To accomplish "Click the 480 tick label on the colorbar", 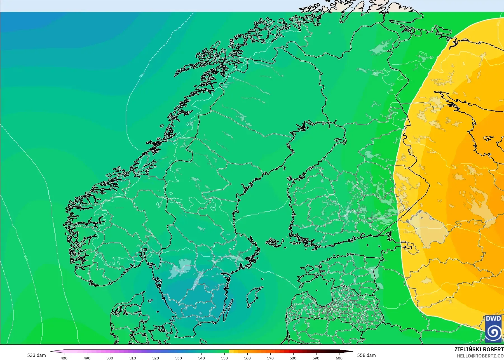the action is tap(64, 358).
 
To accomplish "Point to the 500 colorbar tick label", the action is tap(110, 358).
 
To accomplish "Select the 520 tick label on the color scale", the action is tap(155, 358).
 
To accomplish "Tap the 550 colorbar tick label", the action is tap(224, 358).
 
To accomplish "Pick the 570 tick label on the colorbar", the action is tap(270, 358).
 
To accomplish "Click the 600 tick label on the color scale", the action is tap(339, 358).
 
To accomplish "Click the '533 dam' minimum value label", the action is tap(36, 355).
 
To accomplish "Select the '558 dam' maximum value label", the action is tap(366, 355).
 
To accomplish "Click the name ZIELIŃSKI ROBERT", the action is tap(479, 349).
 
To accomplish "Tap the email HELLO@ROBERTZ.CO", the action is tap(480, 356).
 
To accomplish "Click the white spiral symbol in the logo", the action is tap(493, 332).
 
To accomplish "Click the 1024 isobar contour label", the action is tap(142, 75).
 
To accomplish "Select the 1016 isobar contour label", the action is tap(25, 258).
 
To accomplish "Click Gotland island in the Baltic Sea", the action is tap(253, 297).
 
